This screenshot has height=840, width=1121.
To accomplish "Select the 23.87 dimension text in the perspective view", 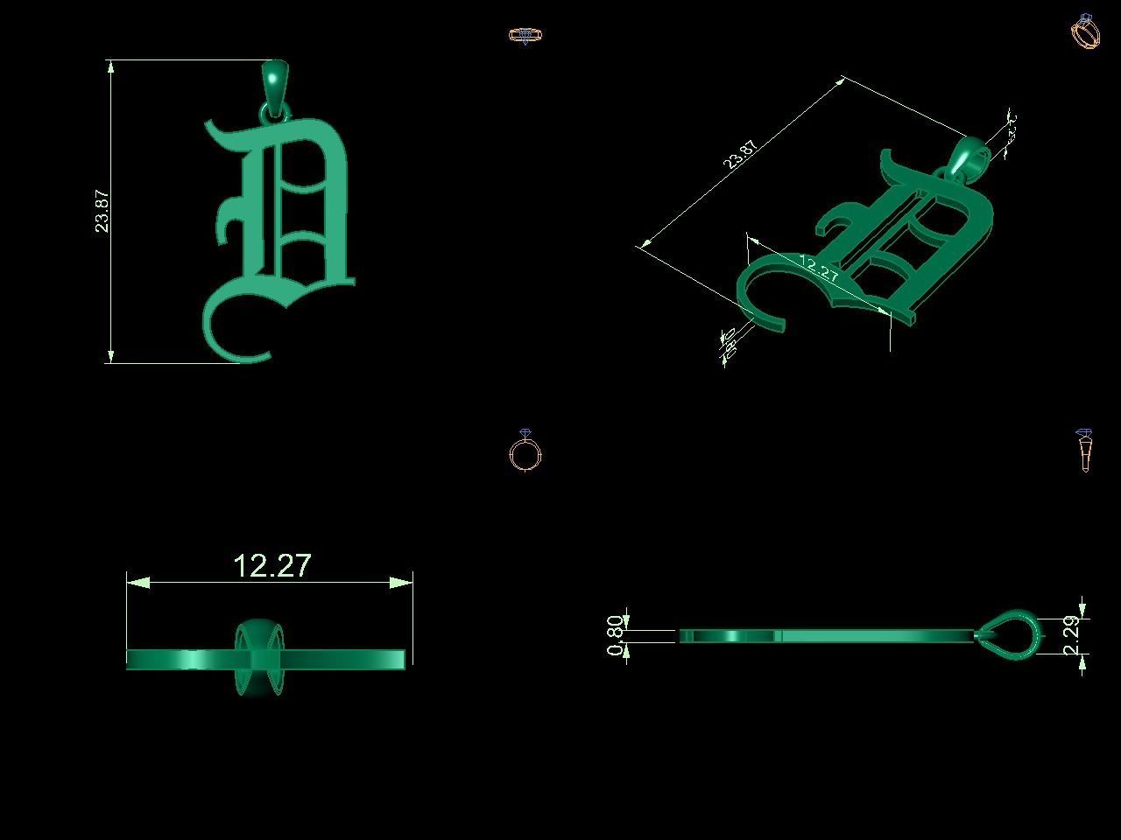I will (741, 153).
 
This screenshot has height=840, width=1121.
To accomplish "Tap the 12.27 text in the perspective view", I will (820, 269).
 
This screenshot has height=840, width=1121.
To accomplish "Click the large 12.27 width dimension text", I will (272, 566).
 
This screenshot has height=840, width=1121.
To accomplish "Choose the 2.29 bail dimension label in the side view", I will (1070, 635).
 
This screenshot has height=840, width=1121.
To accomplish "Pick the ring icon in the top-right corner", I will (1085, 31).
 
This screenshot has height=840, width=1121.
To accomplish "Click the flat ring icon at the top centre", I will (525, 36).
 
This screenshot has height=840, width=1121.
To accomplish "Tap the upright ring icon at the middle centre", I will (525, 452).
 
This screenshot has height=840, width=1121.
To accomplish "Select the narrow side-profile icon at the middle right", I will (1084, 450).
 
